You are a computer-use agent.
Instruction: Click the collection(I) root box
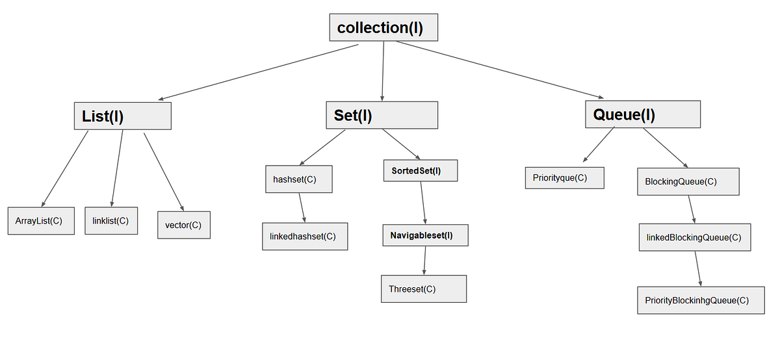click(x=383, y=28)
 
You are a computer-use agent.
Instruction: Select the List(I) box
click(x=122, y=116)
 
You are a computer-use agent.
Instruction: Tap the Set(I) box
click(x=382, y=116)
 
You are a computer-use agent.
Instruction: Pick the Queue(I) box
click(x=643, y=114)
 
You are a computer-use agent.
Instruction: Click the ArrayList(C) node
click(x=41, y=221)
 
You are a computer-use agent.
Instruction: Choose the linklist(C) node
click(x=111, y=221)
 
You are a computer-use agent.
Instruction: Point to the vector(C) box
click(x=184, y=225)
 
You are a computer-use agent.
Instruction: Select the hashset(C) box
click(x=299, y=179)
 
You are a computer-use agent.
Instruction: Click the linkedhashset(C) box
click(x=305, y=237)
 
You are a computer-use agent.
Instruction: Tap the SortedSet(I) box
click(x=421, y=170)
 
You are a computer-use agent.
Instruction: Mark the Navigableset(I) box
click(x=425, y=235)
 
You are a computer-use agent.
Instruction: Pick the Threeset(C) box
click(x=424, y=289)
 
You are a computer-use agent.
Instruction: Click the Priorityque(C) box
click(x=564, y=178)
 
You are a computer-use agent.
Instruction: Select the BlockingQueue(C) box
click(x=688, y=181)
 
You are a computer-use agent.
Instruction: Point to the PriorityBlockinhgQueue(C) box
click(x=701, y=300)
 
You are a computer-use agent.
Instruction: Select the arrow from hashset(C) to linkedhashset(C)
click(x=302, y=208)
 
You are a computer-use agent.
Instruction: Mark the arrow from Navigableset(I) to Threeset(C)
click(x=424, y=261)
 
